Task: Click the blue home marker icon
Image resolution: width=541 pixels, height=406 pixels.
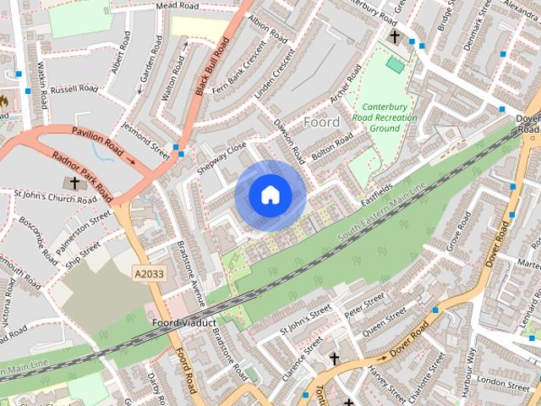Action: [x=270, y=195]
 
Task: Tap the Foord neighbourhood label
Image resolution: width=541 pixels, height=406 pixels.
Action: [x=321, y=122]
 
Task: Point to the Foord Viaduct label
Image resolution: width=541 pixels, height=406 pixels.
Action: [x=185, y=323]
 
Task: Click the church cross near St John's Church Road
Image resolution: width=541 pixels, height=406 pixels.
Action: [x=74, y=183]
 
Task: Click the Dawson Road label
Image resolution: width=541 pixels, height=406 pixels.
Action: [x=289, y=140]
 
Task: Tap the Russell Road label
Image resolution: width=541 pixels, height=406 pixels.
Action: [x=74, y=89]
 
